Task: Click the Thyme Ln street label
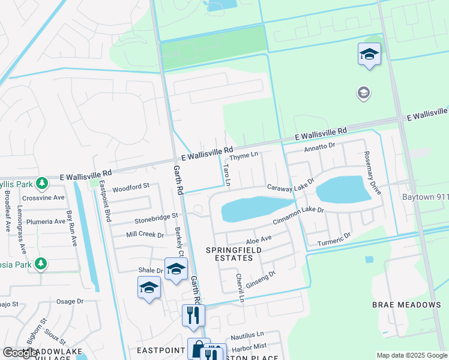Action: (244, 155)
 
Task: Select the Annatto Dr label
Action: (319, 147)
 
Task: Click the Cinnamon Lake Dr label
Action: (298, 216)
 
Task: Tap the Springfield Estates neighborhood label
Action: (229, 253)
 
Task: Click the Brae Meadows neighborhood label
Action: (406, 305)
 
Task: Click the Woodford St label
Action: (131, 187)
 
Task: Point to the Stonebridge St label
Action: (157, 215)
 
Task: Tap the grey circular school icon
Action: (363, 93)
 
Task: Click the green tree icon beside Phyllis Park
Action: (41, 182)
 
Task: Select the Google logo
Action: (20, 353)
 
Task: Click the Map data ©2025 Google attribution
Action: (411, 355)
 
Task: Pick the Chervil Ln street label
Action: (240, 287)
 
